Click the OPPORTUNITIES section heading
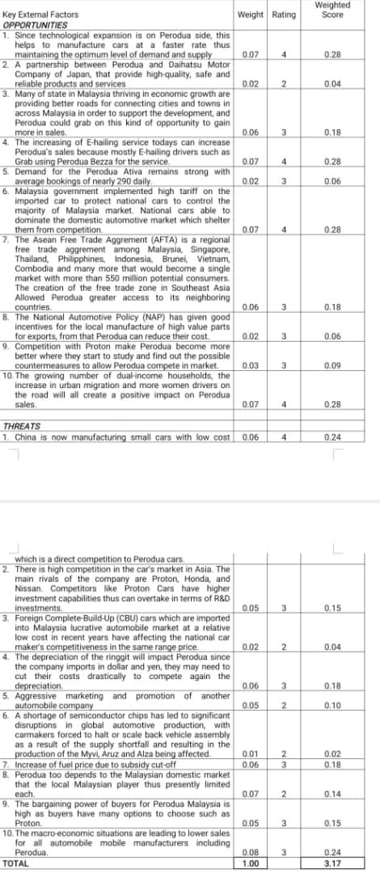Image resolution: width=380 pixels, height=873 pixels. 36,24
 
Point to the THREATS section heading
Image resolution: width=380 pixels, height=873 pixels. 22,425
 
